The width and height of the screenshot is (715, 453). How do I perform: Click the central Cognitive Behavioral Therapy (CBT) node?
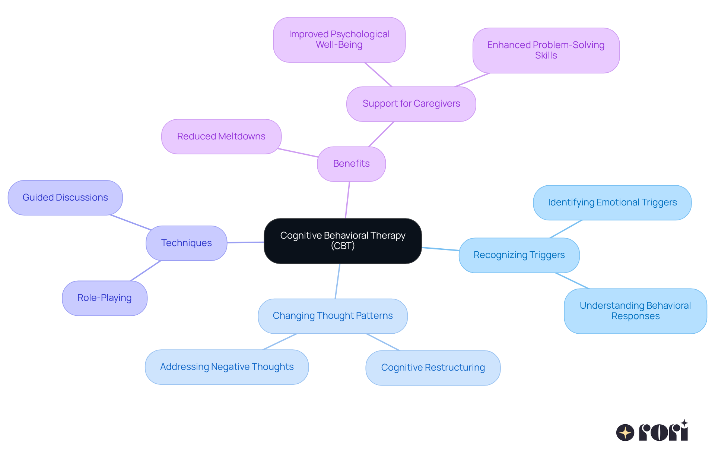pos(343,241)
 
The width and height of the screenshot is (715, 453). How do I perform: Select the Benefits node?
pos(351,164)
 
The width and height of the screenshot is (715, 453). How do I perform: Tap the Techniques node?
pos(186,243)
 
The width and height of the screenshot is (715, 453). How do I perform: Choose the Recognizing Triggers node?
pos(519,255)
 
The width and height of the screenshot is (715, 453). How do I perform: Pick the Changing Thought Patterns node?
pos(333,316)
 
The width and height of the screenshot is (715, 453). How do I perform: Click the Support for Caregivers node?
pos(411,104)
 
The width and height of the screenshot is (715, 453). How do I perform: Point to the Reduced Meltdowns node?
pos(221,136)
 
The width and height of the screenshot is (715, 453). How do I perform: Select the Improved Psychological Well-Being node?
pos(339,40)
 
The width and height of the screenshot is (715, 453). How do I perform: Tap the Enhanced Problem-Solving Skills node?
pos(546,50)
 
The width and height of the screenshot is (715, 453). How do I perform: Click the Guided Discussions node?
pos(65,198)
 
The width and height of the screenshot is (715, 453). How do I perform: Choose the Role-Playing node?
pos(104,298)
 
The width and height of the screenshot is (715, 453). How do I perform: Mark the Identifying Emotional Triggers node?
pos(612,202)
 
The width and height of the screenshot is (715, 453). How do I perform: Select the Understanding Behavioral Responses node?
pos(635,311)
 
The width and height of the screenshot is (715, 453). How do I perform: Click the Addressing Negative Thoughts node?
pos(227,367)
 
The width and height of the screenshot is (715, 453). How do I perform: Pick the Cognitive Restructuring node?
pos(433,368)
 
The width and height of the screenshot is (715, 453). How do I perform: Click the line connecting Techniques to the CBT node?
pos(245,242)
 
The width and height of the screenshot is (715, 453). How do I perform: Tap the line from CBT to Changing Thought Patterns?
pos(337,281)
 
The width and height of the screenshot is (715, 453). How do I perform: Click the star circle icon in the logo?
pos(625,432)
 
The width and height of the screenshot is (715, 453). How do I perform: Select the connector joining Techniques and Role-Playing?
pos(146,271)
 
